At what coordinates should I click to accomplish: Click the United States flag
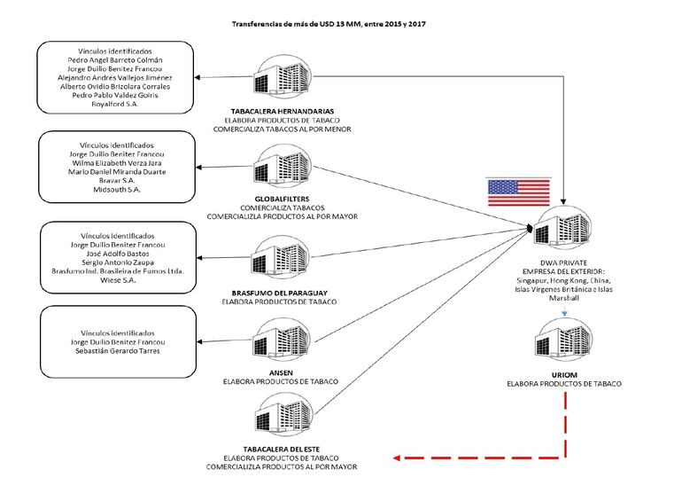(518, 192)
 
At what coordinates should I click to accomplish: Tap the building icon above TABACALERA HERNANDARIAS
(283, 76)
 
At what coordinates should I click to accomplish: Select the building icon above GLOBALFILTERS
(283, 166)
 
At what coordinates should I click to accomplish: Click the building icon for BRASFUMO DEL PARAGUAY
(281, 257)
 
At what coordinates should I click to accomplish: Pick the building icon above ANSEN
(283, 340)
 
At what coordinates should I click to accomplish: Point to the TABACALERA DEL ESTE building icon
(283, 415)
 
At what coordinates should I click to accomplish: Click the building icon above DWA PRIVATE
(562, 228)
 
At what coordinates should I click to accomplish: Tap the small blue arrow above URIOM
(564, 312)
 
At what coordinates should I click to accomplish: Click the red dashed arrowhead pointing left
(396, 458)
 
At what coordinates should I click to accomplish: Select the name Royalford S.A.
(115, 104)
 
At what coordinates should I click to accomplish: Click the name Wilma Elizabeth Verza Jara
(117, 163)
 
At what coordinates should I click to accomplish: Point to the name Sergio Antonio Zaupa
(118, 262)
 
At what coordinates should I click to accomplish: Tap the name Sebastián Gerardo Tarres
(118, 350)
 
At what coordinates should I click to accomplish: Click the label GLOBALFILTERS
(283, 199)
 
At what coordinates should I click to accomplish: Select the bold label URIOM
(564, 374)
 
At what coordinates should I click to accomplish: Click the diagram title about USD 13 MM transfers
(329, 24)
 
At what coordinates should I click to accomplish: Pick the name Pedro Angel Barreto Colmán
(115, 60)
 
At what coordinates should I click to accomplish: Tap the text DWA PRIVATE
(563, 262)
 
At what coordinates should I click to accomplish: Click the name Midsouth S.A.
(117, 190)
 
